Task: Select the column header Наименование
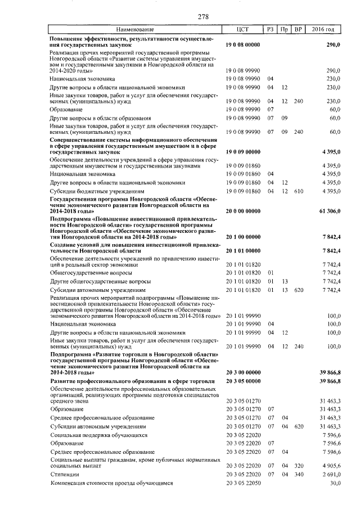(134, 29)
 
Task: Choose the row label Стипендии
(64, 474)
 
